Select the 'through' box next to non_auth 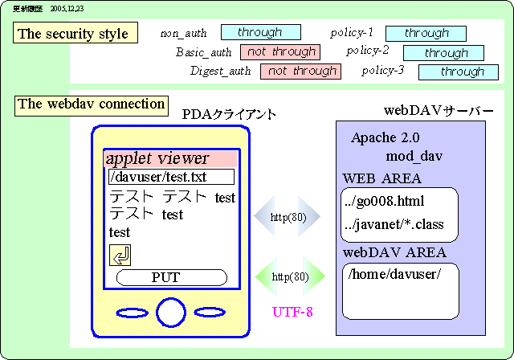pos(260,33)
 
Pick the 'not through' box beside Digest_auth pos(300,71)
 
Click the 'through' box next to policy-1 pos(426,34)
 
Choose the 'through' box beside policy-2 pos(446,53)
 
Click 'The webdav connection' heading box pos(92,104)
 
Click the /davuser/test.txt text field pos(171,177)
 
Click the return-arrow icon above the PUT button pos(120,256)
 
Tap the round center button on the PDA pos(171,312)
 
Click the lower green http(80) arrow pos(289,277)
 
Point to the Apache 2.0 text pos(385,137)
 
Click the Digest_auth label pos(220,72)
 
